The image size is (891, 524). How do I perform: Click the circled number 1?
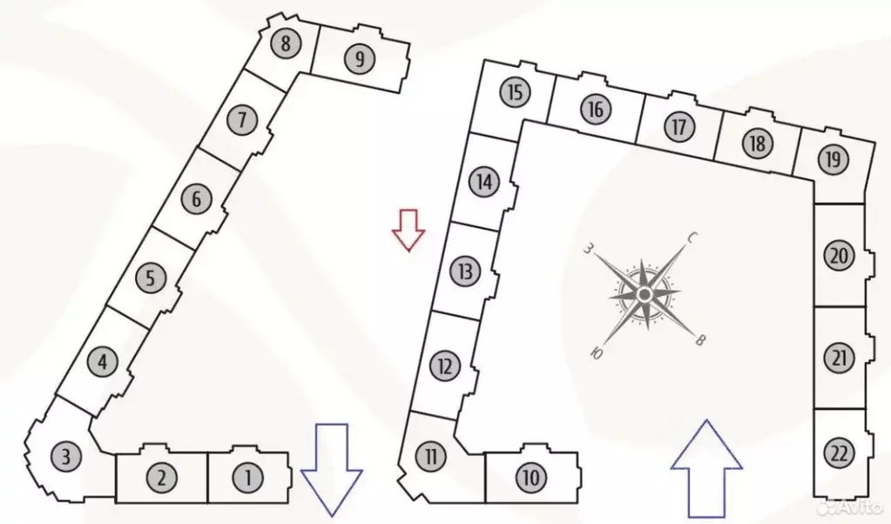click(x=247, y=478)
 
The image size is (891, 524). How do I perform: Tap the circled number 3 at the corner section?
click(x=66, y=456)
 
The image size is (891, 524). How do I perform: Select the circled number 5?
click(x=151, y=279)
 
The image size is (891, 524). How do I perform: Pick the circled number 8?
click(x=286, y=44)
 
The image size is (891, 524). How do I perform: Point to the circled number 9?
click(x=360, y=58)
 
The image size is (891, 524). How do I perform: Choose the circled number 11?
click(x=431, y=456)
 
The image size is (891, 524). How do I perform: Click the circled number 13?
click(x=465, y=271)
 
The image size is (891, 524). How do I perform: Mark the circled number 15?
click(x=516, y=92)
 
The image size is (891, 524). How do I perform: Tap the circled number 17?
click(x=679, y=126)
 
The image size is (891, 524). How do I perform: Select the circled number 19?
click(x=833, y=159)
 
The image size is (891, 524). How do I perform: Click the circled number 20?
click(x=840, y=256)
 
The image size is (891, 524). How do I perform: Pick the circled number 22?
click(x=840, y=453)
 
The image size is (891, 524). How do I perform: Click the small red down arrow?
click(x=408, y=230)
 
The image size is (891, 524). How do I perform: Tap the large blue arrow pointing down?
click(x=331, y=470)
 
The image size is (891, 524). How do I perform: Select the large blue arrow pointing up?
click(x=707, y=469)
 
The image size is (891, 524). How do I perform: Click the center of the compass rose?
click(x=645, y=294)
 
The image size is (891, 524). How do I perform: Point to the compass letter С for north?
click(x=692, y=238)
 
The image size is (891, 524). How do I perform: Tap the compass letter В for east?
click(x=700, y=340)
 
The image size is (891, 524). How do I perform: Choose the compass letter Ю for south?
click(x=596, y=353)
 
